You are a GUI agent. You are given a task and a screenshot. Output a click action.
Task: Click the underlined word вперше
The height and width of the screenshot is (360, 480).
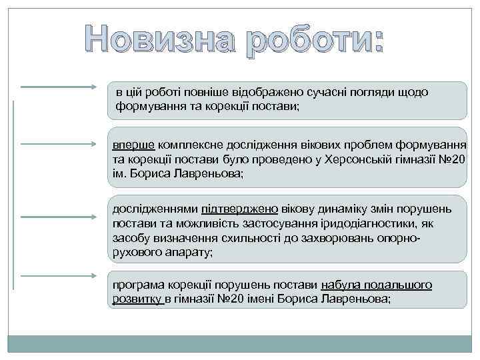click(x=133, y=145)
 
